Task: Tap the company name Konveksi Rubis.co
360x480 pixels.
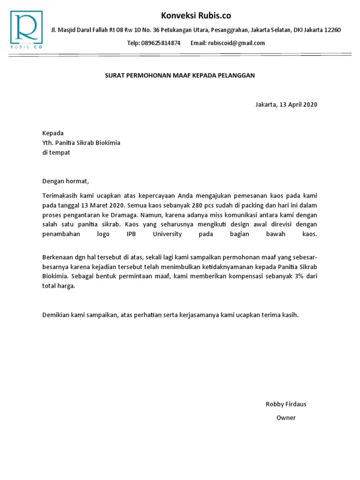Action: pos(196,15)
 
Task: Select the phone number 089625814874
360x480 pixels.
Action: pos(160,43)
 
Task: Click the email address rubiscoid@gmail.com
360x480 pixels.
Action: pos(237,43)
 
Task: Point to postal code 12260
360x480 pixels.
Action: pos(332,30)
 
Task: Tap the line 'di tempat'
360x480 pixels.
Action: pos(56,153)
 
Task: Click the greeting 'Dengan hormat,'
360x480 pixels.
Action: pos(65,181)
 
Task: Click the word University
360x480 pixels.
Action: pos(167,233)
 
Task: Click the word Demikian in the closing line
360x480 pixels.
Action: pos(57,315)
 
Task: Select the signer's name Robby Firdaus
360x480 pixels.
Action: pos(286,404)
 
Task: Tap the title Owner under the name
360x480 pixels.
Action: pos(286,418)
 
